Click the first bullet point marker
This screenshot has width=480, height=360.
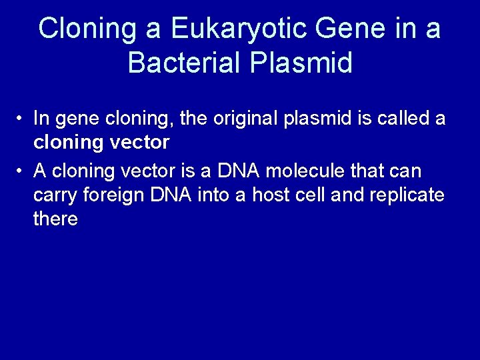(x=22, y=119)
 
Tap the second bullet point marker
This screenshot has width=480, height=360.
(x=22, y=171)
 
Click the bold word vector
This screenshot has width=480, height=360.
(x=138, y=143)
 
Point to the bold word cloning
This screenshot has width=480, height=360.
(x=66, y=143)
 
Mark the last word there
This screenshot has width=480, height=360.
(x=55, y=219)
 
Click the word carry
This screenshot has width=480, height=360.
(x=54, y=195)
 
